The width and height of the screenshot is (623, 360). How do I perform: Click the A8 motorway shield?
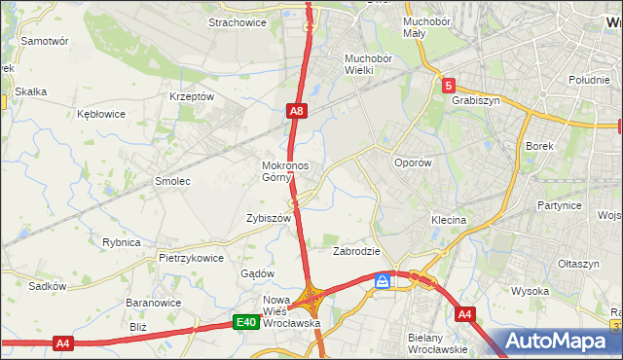pyautogui.click(x=298, y=113)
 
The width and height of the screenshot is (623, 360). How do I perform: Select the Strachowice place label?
pyautogui.click(x=238, y=21)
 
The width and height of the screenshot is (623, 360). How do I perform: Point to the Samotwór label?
pyautogui.click(x=45, y=42)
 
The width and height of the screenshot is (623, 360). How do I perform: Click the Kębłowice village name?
pyautogui.click(x=101, y=114)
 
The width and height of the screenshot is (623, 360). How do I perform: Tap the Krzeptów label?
pyautogui.click(x=191, y=97)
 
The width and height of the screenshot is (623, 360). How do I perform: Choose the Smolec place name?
pyautogui.click(x=172, y=181)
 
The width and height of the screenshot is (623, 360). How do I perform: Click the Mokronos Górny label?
pyautogui.click(x=285, y=171)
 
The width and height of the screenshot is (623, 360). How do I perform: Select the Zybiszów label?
pyautogui.click(x=269, y=219)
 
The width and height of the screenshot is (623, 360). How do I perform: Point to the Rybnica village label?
pyautogui.click(x=122, y=242)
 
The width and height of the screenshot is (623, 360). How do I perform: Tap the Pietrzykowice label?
pyautogui.click(x=192, y=259)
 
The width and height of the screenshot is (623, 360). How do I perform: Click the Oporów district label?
pyautogui.click(x=412, y=163)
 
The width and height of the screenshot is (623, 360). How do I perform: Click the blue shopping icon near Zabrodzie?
pyautogui.click(x=384, y=281)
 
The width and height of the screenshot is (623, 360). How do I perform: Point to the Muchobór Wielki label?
pyautogui.click(x=367, y=64)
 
